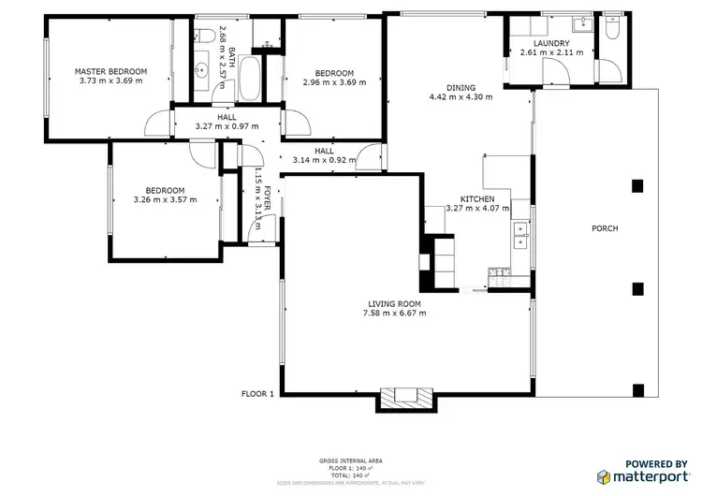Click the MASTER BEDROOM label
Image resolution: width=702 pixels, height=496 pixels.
(111, 71)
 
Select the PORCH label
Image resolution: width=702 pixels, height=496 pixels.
(605, 228)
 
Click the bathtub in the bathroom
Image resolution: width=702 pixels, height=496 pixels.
(250, 79)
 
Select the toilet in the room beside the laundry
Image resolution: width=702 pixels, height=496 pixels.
(611, 30)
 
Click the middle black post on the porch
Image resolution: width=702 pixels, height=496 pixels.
(638, 288)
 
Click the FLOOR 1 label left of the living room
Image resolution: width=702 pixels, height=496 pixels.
(257, 394)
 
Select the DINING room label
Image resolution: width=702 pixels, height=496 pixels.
(460, 88)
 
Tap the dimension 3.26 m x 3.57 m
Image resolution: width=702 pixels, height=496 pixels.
(165, 199)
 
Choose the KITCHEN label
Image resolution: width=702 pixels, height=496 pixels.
(476, 199)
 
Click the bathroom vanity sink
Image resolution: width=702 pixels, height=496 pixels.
(203, 69)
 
